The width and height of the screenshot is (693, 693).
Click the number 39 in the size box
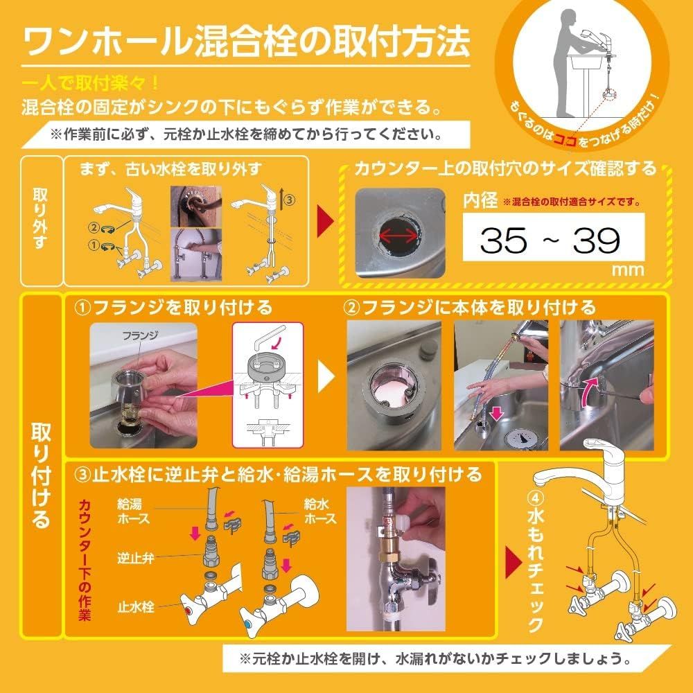point(596,240)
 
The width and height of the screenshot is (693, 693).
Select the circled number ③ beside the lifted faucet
point(288,200)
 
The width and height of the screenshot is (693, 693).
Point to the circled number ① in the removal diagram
point(93,244)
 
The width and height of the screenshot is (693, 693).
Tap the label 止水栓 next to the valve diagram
point(135,607)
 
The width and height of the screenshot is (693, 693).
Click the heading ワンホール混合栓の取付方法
point(246,42)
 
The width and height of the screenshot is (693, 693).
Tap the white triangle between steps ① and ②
point(326,378)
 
